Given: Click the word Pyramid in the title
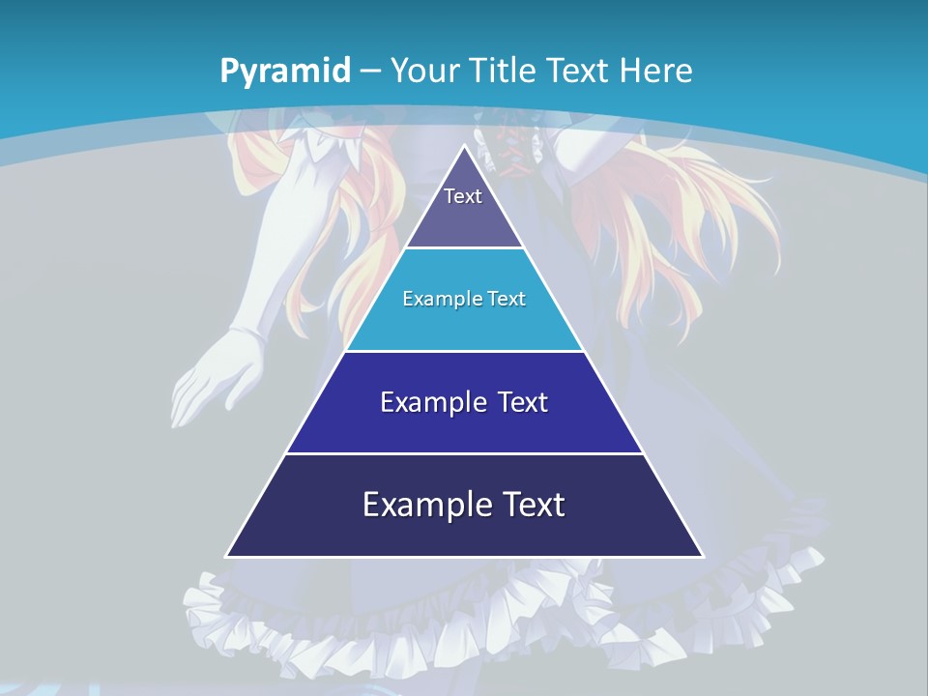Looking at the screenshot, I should pyautogui.click(x=285, y=72).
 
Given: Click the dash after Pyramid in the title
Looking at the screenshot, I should pyautogui.click(x=371, y=72).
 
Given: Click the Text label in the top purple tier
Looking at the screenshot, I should pyautogui.click(x=463, y=196).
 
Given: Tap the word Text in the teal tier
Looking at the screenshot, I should pyautogui.click(x=507, y=299).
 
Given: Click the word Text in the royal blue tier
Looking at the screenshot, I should pyautogui.click(x=522, y=402).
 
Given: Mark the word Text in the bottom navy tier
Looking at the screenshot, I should pyautogui.click(x=533, y=505).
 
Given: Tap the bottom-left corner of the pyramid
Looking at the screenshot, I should pyautogui.click(x=227, y=556).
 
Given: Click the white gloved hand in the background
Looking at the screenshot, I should pyautogui.click(x=217, y=377).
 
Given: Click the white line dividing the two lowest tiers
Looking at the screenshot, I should pyautogui.click(x=465, y=453).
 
